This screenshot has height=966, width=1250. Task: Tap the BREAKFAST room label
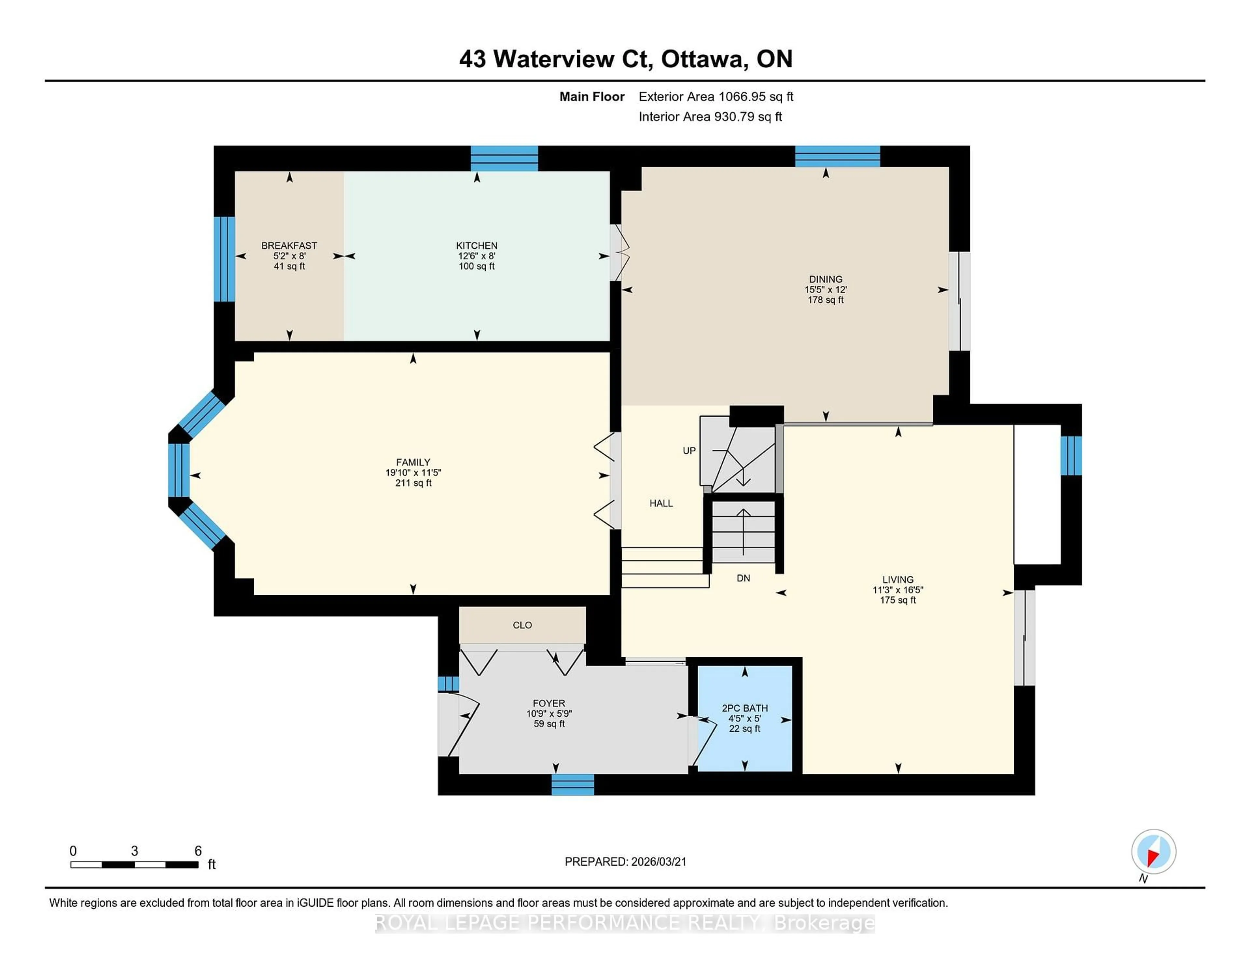tap(289, 245)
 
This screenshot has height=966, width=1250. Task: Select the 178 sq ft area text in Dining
tap(825, 300)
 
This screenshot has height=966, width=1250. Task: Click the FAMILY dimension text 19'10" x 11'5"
tap(413, 473)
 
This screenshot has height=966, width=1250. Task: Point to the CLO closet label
tap(522, 625)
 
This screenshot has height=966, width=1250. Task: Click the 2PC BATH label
tap(744, 708)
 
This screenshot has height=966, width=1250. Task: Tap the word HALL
tap(661, 503)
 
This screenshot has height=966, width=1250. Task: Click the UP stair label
tap(689, 450)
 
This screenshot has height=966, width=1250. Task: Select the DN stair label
tap(743, 578)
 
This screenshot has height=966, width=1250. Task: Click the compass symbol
tap(1153, 851)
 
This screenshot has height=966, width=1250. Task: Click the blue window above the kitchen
tap(504, 159)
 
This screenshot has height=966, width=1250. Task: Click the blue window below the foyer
tap(572, 785)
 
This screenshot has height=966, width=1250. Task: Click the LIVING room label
tap(897, 579)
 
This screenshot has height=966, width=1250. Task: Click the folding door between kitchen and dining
tap(620, 252)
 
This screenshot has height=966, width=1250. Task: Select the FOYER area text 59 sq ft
tap(549, 724)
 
